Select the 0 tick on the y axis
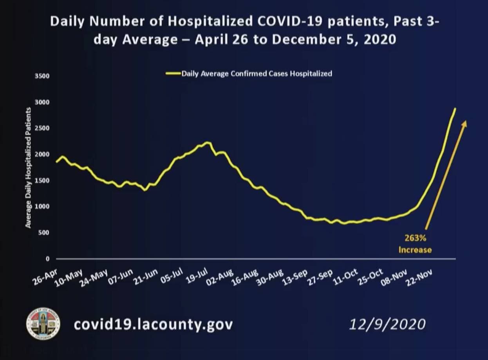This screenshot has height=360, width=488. (47, 259)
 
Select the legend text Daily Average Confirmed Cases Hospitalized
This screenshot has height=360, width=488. (257, 73)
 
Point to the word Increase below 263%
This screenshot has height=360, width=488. (415, 250)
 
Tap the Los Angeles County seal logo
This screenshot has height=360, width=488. (43, 324)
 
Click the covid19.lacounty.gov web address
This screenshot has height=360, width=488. (153, 324)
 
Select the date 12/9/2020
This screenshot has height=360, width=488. (387, 324)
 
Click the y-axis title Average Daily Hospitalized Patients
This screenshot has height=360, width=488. (29, 167)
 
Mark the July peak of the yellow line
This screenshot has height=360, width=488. (208, 142)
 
